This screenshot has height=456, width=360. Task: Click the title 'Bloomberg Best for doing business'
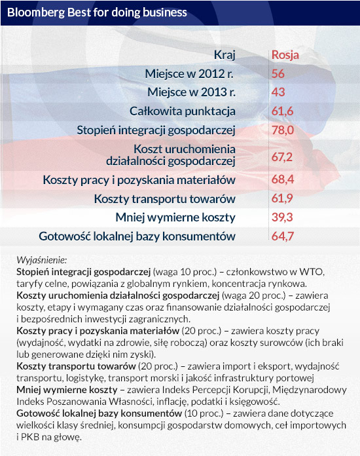97,13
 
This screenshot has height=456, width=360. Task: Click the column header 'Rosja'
285,55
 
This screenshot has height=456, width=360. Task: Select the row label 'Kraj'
225,55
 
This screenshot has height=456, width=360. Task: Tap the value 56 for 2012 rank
278,73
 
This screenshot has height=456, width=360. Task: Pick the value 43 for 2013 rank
278,92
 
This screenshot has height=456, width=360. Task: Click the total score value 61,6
282,111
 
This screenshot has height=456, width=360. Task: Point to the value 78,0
283,130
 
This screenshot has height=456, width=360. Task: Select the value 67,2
282,157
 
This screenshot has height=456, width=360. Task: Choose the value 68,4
283,180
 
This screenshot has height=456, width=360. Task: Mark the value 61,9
282,199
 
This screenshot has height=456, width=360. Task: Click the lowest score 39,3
282,218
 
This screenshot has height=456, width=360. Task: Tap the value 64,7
283,237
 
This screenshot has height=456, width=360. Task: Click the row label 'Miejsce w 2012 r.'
189,74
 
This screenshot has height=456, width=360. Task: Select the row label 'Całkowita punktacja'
183,111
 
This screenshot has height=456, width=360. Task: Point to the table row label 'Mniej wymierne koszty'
175,218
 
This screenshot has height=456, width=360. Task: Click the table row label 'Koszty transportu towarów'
165,199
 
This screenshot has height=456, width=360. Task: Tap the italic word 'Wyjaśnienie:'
41,260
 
